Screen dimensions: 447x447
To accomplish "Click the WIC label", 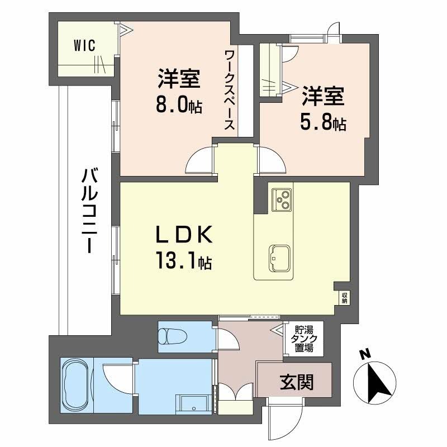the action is pos(84,46).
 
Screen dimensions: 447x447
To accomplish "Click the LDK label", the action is pos(184,234).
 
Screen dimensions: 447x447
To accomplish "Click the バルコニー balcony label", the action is pos(90,211).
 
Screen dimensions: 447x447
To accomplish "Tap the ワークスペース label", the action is pos(230,90).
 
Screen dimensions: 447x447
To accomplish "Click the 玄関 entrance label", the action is pos(297,382).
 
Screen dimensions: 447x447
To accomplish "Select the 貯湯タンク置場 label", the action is pos(303,339).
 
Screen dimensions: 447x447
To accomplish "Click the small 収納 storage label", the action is pos(344,298).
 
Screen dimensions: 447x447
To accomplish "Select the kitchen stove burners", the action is pos(282,199).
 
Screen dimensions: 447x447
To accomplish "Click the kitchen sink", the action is pos(279,258).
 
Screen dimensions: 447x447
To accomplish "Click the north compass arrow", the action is pos(374,382).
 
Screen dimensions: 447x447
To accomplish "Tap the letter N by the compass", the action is pos(364,354).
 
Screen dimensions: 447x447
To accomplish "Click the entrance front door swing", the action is pos(287,419).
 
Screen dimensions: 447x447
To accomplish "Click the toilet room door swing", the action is pos(229,339).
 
